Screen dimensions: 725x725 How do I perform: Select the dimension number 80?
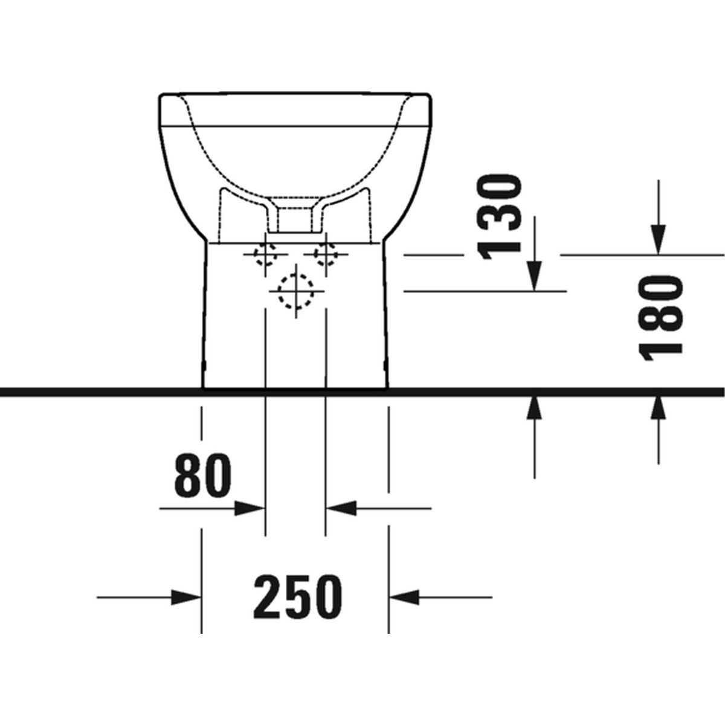pos(202,475)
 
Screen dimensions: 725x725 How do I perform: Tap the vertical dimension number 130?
pos(499,217)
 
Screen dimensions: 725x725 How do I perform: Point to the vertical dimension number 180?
pos(660,318)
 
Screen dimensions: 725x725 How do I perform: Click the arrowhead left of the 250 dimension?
pos(185,597)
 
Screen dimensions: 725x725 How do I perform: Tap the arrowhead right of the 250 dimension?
pos(404,597)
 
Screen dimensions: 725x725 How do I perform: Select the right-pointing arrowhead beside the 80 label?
pos(250,509)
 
